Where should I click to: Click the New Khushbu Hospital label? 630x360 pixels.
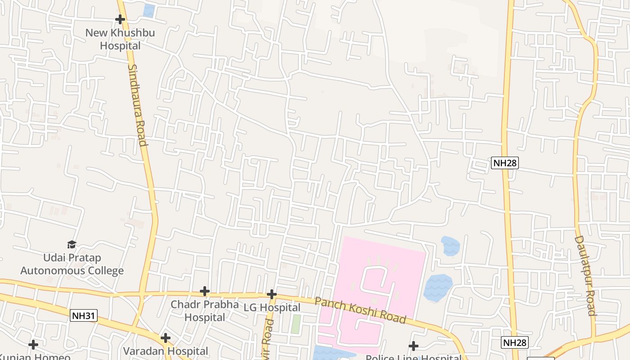[x=120, y=40]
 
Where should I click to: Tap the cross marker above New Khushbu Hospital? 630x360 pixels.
[x=120, y=19]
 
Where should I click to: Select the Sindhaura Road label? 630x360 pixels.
[x=138, y=105]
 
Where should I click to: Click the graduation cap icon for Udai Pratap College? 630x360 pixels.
[x=72, y=244]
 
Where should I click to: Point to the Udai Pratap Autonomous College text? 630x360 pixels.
[x=72, y=264]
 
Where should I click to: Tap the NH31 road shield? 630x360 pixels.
[x=84, y=316]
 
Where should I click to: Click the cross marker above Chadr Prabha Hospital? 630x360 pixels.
[x=205, y=291]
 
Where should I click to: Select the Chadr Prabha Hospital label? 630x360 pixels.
[x=205, y=311]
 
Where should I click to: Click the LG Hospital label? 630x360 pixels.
[x=272, y=308]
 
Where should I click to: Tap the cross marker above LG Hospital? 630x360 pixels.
[x=271, y=294]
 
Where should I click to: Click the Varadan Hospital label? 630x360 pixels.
[x=166, y=351]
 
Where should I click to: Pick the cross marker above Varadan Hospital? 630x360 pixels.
[x=166, y=337]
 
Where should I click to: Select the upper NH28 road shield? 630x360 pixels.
[x=505, y=163]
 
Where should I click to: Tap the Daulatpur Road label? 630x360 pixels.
[x=585, y=275]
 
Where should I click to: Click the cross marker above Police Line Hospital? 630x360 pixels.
[x=414, y=346]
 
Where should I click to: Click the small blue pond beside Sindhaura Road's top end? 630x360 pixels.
[x=149, y=10]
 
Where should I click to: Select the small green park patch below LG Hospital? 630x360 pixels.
[x=296, y=324]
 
